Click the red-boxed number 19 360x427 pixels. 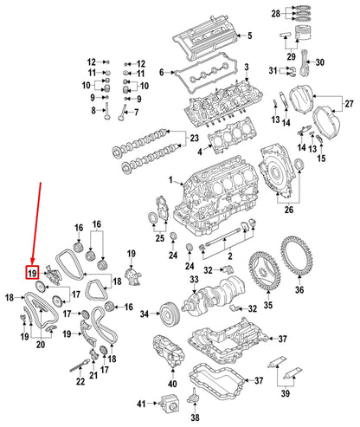tap(31, 274)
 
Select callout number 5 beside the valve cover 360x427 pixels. tap(250, 36)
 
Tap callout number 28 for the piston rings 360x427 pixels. tap(300, 15)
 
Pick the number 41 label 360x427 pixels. tap(140, 405)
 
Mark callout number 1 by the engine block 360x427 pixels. tap(171, 181)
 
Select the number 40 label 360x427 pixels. tap(171, 382)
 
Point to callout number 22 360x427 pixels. tap(80, 379)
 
